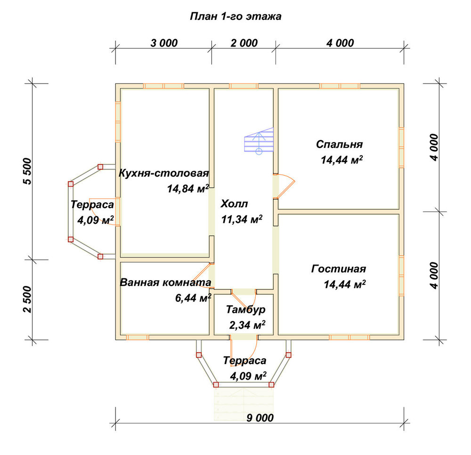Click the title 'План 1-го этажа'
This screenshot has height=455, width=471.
click(x=235, y=16)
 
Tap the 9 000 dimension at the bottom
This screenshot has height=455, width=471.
click(x=260, y=418)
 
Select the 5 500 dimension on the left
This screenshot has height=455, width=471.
click(x=27, y=171)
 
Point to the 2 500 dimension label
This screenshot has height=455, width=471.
click(x=27, y=300)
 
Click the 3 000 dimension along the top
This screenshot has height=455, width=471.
click(x=164, y=43)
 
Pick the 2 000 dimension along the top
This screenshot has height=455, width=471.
click(x=244, y=43)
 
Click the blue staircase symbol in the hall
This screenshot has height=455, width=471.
click(x=259, y=140)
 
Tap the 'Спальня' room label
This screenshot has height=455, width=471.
click(x=339, y=145)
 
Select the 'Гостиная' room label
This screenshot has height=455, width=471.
click(x=339, y=268)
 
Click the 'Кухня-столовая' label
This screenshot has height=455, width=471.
click(x=164, y=173)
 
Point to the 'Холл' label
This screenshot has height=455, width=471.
click(x=234, y=204)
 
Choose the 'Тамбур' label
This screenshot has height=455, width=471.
click(x=246, y=309)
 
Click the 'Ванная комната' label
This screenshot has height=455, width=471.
click(x=165, y=282)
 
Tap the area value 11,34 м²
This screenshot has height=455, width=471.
click(x=242, y=219)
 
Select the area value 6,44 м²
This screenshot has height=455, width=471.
click(x=193, y=298)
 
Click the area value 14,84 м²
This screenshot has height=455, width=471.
click(x=188, y=188)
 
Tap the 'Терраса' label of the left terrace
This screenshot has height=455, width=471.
click(x=92, y=205)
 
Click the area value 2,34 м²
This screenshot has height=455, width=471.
click(x=247, y=325)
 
